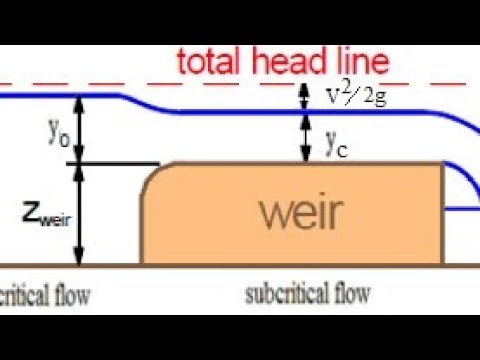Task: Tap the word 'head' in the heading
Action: pyautogui.click(x=285, y=61)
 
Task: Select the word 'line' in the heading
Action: pyautogui.click(x=357, y=61)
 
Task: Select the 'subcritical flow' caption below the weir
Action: pyautogui.click(x=307, y=294)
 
